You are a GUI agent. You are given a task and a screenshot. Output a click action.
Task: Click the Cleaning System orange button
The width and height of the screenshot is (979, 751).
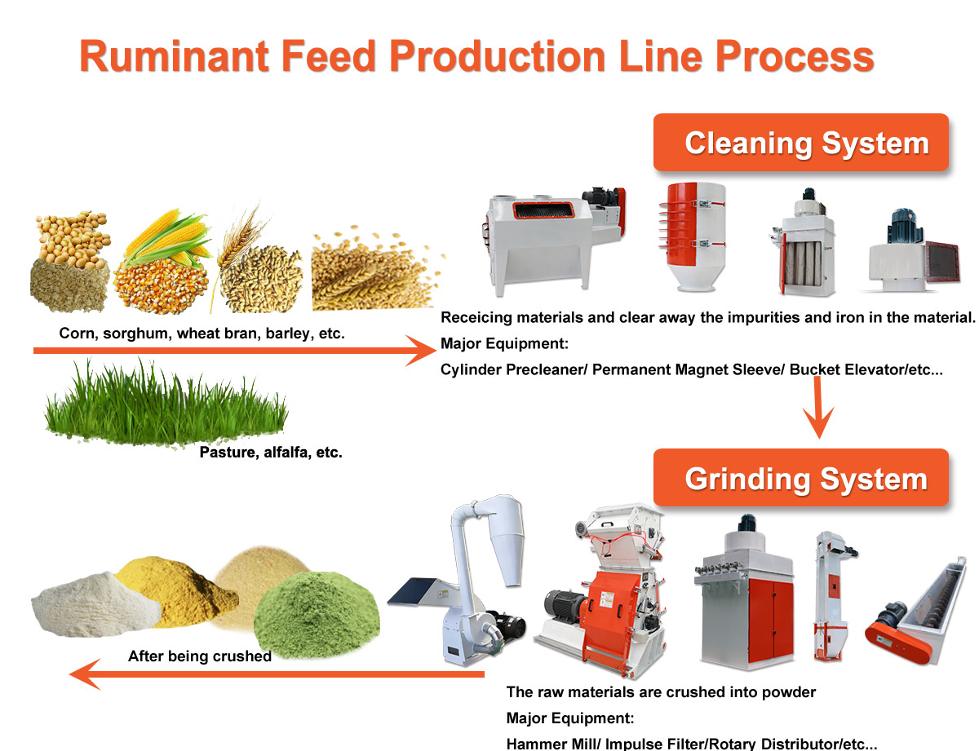(801, 143)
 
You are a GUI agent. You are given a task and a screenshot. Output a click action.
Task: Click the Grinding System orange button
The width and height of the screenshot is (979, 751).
(801, 478)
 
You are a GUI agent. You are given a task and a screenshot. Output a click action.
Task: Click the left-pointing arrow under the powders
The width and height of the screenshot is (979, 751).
(277, 674)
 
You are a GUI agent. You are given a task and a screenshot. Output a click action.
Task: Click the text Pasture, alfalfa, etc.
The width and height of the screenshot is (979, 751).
(271, 452)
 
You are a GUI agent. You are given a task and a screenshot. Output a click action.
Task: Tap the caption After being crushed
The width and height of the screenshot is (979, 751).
(200, 656)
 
